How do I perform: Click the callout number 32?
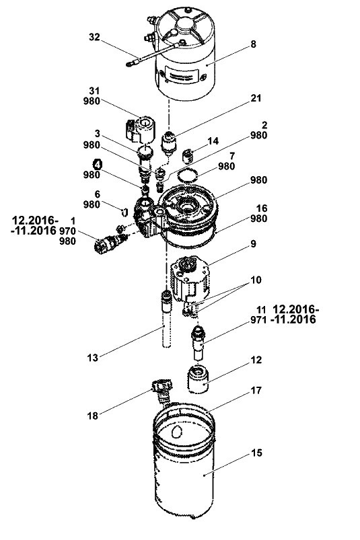(94, 37)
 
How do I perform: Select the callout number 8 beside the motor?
(253, 44)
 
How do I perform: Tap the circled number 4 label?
(98, 164)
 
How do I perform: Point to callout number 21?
(256, 98)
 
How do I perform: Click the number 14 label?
(213, 141)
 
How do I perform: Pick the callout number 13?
(92, 358)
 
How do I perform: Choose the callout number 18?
(92, 416)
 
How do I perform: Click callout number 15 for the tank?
(256, 453)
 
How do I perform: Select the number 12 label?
(256, 360)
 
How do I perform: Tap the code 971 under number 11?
(258, 320)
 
